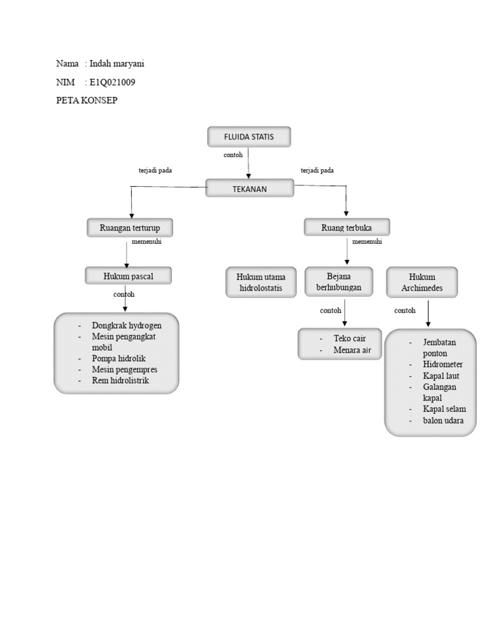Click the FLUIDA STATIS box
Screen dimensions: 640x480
point(249,137)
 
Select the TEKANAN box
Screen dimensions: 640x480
point(249,189)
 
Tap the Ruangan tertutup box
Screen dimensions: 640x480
point(130,228)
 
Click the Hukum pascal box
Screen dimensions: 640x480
point(128,276)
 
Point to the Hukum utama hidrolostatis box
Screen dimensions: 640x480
point(261,282)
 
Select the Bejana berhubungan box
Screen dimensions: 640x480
point(339,282)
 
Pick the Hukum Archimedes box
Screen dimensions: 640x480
point(422,282)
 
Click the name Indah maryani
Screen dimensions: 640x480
point(117,64)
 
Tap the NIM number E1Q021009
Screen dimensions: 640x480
point(112,82)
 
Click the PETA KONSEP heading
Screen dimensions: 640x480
point(87,101)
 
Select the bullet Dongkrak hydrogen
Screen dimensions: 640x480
point(126,326)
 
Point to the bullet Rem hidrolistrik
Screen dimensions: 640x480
point(120,380)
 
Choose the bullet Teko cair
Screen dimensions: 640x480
point(349,338)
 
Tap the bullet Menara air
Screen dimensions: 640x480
point(352,350)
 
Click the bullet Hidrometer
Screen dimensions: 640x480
point(442,364)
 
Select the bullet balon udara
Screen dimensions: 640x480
point(443,421)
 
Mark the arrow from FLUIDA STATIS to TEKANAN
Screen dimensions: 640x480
point(249,163)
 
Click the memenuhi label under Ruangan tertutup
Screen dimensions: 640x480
point(146,242)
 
